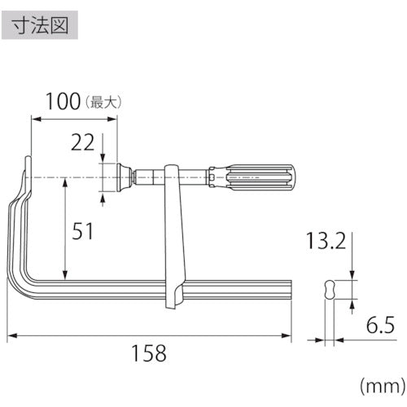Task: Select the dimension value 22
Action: coord(81,144)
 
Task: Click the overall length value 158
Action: coord(150,353)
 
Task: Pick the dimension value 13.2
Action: coord(324,240)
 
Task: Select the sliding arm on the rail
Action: coord(173,236)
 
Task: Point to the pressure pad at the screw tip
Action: coord(125,175)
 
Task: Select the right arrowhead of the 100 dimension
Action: coord(116,118)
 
